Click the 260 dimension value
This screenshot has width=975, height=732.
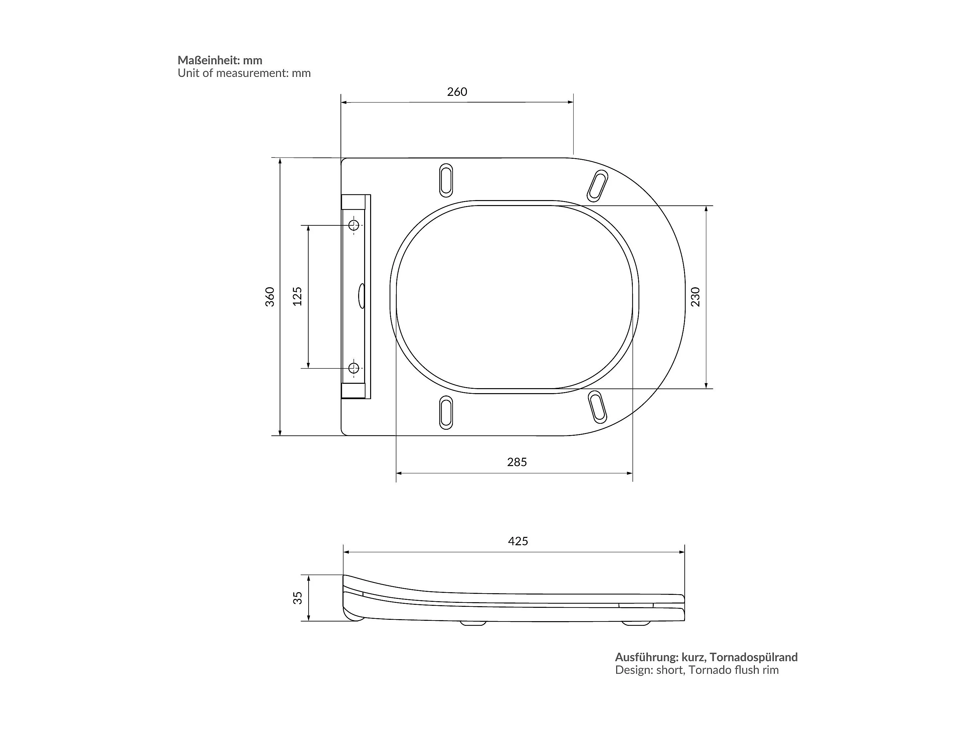pos(457,92)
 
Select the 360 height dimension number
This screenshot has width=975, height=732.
pos(270,297)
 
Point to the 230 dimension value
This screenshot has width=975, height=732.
pos(695,297)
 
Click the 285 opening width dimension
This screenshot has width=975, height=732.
pos(516,462)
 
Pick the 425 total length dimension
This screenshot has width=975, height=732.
pos(517,541)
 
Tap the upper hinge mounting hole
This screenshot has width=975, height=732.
pos(353,225)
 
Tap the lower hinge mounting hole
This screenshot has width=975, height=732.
pos(353,367)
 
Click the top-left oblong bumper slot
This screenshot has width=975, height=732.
pos(446,180)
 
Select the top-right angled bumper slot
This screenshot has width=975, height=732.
pos(597,186)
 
